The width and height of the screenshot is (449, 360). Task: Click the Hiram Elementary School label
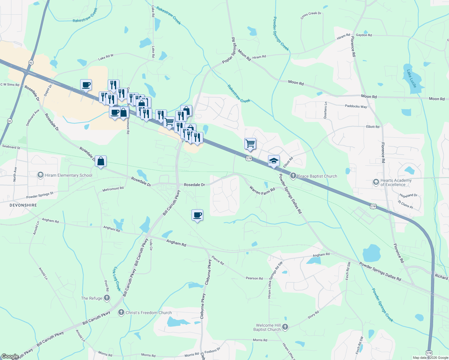coord(68,175)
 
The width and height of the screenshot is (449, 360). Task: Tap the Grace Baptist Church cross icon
coord(293,176)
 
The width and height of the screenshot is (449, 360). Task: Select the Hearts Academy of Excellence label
coord(396,182)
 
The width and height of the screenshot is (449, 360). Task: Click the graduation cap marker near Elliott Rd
coord(274,161)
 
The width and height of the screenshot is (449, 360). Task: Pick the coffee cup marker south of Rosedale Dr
coord(197,215)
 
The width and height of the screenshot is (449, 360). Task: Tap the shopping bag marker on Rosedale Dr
coord(101,161)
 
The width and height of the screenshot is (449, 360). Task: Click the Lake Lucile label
coord(411,79)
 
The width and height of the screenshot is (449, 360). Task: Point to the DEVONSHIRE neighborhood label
coord(23,205)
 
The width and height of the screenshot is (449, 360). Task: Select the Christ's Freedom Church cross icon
coord(121,313)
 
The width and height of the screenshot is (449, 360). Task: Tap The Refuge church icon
coord(107,298)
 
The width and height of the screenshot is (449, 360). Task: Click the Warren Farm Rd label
coord(262,191)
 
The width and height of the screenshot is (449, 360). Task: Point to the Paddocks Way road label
coord(356,106)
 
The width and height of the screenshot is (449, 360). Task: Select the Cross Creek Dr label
coord(311,15)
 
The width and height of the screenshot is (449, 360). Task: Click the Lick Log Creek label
coord(117,279)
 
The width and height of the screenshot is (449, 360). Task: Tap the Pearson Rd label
coord(254,278)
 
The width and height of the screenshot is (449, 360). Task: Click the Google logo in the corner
coord(10,356)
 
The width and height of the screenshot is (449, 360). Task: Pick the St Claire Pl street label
coord(405,205)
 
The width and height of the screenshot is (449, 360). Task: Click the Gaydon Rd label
coord(364,35)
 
